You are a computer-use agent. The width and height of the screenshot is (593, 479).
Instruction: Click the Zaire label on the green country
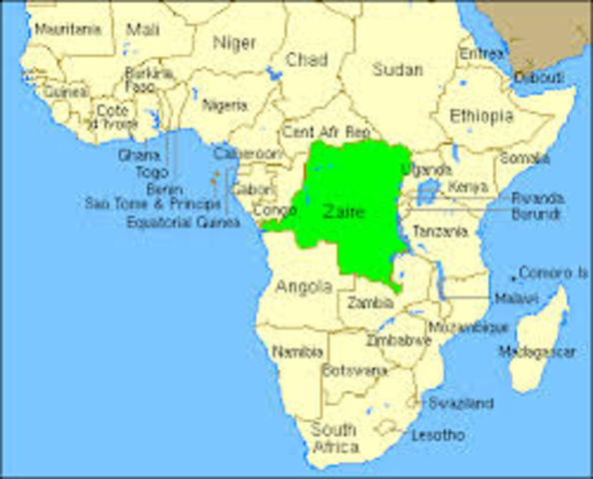[x=345, y=212]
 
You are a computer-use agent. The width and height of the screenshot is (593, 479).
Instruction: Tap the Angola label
[x=303, y=286]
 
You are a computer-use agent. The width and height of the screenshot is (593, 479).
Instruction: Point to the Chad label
[x=305, y=61]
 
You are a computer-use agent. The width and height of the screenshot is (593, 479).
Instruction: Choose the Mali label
[x=143, y=29]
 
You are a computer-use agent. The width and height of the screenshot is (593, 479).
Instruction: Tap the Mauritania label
[x=68, y=29]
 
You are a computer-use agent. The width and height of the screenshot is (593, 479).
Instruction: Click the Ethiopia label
[x=481, y=116]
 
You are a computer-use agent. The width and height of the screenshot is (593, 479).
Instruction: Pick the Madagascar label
[x=537, y=351]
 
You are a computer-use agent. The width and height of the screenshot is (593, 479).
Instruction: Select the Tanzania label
[x=439, y=232]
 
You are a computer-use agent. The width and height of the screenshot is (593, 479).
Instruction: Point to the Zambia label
[x=368, y=302]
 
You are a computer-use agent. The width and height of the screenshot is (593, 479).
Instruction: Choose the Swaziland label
[x=460, y=403]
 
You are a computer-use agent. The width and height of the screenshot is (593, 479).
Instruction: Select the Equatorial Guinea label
[x=183, y=222]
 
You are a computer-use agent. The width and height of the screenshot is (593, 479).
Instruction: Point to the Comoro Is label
[x=552, y=271]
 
